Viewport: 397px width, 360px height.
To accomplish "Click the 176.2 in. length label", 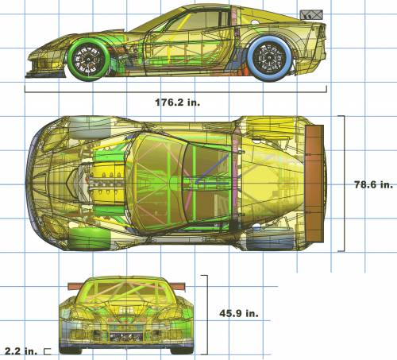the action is tap(177, 103).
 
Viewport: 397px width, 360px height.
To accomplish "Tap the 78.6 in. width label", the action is tap(373, 184).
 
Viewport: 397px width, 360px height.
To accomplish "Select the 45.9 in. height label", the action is tap(239, 313).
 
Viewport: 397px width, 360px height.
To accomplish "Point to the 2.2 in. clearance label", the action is tap(21, 351).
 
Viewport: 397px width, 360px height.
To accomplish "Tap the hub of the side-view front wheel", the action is tap(88, 60).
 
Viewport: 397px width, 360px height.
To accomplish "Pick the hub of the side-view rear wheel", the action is tap(269, 58).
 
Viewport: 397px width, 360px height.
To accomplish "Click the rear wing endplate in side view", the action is tap(311, 14).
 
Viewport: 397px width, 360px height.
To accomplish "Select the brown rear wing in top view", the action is tap(314, 183).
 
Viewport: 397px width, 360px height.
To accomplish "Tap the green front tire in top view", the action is tap(90, 239).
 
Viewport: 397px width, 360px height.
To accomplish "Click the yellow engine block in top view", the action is tap(106, 184).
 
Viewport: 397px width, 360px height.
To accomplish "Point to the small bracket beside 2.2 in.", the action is tap(48, 351).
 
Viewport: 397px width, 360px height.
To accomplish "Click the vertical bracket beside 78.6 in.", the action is tap(344, 183).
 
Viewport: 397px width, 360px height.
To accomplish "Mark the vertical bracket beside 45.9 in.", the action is tap(207, 315).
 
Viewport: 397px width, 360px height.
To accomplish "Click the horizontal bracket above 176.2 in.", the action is tap(175, 92).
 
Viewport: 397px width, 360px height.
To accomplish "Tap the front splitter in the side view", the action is tap(45, 75).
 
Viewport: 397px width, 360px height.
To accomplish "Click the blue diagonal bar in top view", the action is tap(212, 168).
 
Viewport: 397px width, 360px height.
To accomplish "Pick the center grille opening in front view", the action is tap(126, 336).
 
